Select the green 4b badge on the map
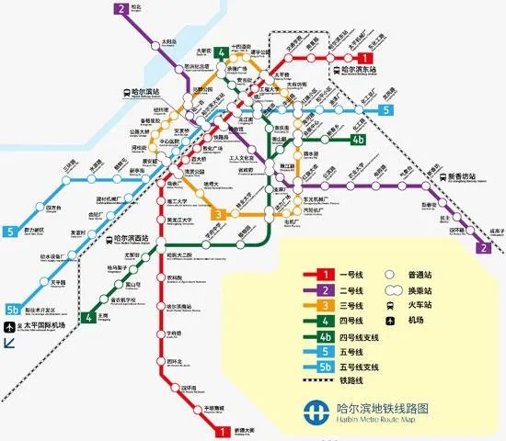click(359, 141)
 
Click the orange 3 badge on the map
click(219, 215)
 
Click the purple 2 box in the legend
click(326, 289)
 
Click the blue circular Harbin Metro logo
click(317, 411)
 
